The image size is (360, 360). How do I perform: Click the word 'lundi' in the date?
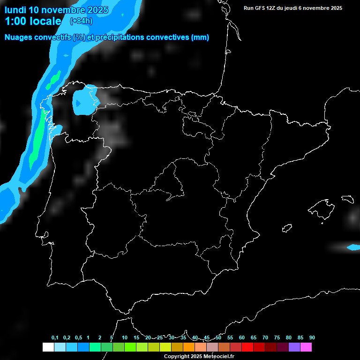click(x=15, y=10)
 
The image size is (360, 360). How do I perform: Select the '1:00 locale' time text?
click(x=33, y=21)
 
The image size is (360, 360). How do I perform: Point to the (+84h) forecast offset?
click(x=81, y=21)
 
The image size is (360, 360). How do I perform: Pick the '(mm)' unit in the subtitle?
click(x=200, y=37)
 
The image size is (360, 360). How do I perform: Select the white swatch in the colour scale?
click(x=48, y=347)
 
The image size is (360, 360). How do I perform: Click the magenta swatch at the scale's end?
click(x=306, y=347)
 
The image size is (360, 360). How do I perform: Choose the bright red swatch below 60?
click(x=247, y=347)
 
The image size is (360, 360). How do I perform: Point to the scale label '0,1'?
click(x=55, y=338)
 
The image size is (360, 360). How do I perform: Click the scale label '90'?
click(x=312, y=338)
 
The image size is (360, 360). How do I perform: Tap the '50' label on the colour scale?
click(x=218, y=338)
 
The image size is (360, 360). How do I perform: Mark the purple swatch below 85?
click(x=294, y=347)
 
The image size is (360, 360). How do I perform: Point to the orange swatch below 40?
click(x=189, y=347)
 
